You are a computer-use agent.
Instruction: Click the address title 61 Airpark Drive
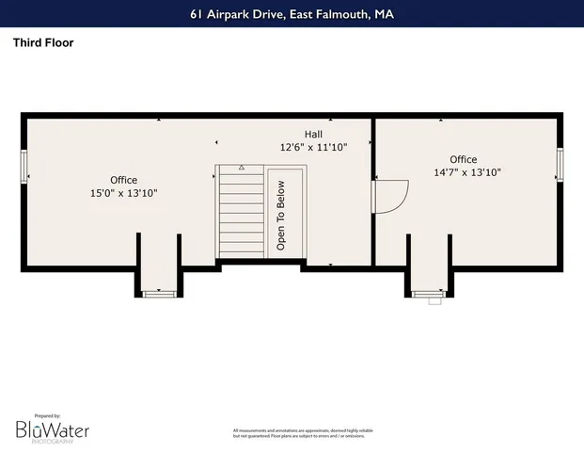292,14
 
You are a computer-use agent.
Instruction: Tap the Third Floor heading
43,42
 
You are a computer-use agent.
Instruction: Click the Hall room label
313,134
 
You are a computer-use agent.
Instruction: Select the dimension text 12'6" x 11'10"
313,147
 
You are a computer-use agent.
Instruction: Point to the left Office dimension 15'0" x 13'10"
123,193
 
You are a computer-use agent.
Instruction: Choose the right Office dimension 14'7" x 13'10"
466,172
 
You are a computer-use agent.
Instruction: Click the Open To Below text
280,216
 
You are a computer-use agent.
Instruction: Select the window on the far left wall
24,166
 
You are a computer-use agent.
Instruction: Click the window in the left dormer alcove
159,294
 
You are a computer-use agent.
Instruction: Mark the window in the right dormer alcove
430,294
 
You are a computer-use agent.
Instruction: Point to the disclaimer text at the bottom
302,432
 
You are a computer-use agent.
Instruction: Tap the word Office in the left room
123,180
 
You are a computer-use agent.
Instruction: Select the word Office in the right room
463,159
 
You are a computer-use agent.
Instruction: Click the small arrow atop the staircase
241,168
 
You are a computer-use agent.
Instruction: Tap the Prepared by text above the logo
47,415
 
